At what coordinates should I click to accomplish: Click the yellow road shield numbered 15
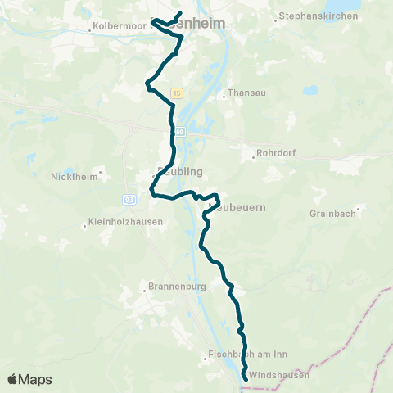178,93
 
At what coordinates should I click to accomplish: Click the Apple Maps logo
29,379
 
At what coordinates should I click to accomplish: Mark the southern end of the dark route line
246,377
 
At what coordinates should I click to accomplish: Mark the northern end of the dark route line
180,13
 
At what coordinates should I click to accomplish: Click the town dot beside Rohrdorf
255,158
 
